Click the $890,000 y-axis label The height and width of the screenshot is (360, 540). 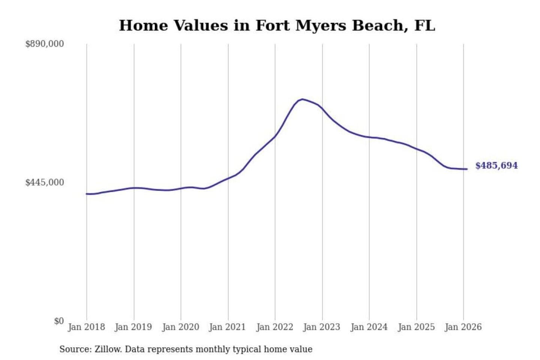[x=44, y=44]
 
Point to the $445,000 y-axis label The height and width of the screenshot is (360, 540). [x=44, y=183]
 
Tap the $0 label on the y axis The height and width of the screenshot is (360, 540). [x=58, y=321]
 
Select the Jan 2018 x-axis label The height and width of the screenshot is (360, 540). [x=86, y=327]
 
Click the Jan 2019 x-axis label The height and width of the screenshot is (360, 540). [x=133, y=327]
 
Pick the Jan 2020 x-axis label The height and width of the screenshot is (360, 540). [x=180, y=327]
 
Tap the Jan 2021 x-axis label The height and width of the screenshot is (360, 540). [x=228, y=327]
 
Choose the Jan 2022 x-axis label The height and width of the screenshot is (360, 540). [x=274, y=327]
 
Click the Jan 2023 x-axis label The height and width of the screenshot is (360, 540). [x=322, y=327]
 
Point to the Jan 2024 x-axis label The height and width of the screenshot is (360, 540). [x=369, y=327]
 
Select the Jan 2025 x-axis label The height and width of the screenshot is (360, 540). [x=416, y=327]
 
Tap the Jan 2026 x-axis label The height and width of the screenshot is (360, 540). [x=463, y=327]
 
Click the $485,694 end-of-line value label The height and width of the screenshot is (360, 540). [x=496, y=165]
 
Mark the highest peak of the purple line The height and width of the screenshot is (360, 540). [x=302, y=99]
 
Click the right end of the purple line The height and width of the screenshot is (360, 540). [x=467, y=169]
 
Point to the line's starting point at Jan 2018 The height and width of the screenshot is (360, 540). [x=87, y=194]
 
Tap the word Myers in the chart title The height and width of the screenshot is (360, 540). [x=320, y=25]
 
